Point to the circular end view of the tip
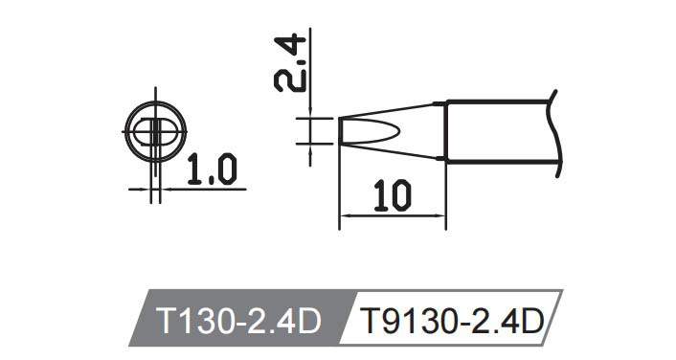point(153,130)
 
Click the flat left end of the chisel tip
point(340,130)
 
